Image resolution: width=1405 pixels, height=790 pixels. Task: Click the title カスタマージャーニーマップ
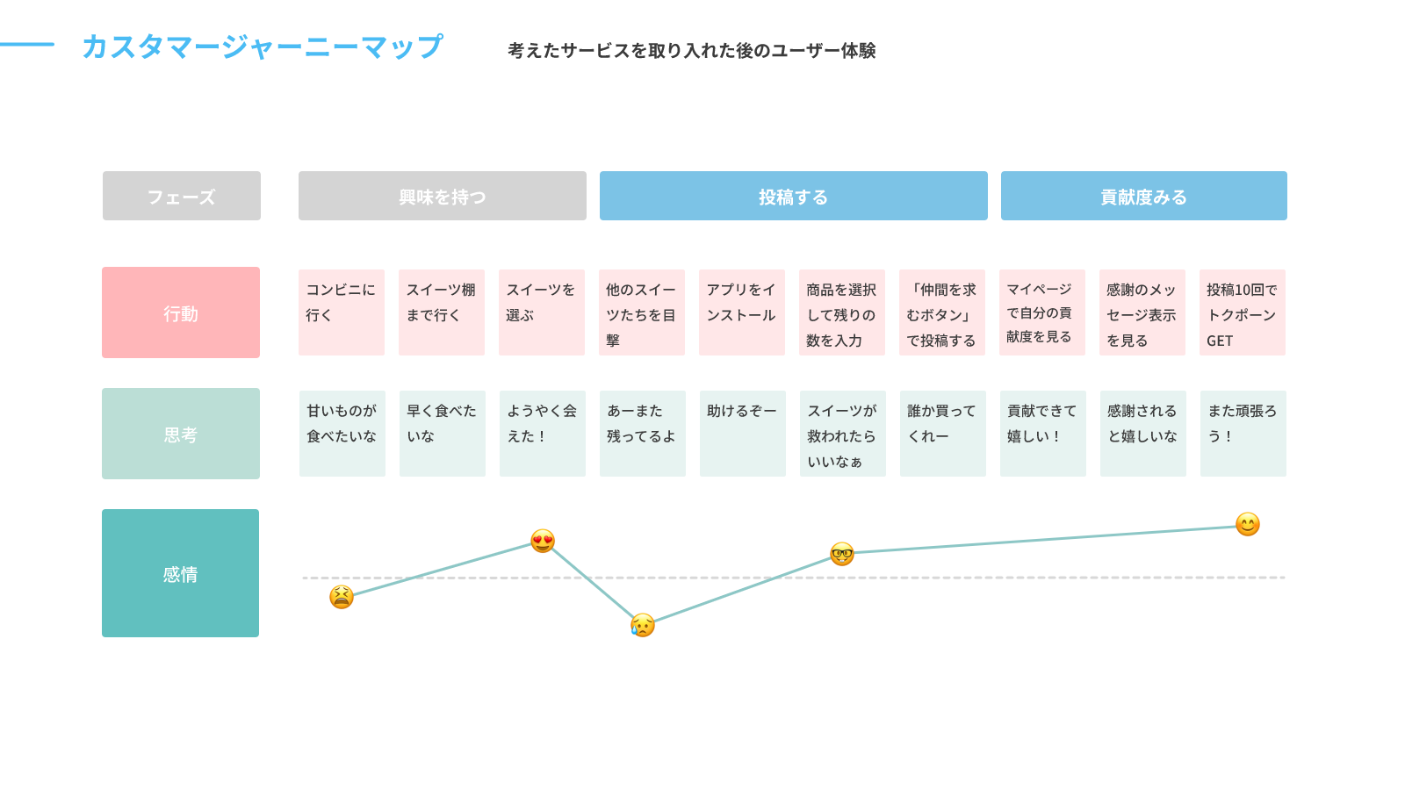coord(263,47)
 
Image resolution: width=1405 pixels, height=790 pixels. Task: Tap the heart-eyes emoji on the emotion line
coord(543,541)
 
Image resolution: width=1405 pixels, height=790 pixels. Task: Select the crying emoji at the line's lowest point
coord(642,624)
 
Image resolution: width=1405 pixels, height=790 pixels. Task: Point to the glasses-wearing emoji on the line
coord(842,554)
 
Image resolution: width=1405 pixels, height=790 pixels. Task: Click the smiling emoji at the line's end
coord(1248,524)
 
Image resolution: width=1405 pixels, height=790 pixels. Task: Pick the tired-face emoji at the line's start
coord(342,597)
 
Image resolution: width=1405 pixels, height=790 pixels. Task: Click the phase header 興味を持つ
coord(443,196)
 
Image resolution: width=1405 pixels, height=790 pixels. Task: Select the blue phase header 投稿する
coord(794,196)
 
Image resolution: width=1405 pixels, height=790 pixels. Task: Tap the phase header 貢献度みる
coord(1144,196)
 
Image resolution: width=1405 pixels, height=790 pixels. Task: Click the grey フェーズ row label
coord(181,196)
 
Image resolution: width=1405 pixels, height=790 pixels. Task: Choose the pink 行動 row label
coord(181,312)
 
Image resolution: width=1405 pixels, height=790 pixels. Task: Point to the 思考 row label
coord(181,434)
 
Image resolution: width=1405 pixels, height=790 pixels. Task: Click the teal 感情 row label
coord(181,573)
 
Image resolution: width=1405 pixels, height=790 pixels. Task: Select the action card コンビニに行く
coord(342,312)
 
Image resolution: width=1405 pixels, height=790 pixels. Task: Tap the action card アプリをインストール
coord(742,312)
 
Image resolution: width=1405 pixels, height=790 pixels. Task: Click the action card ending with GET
coord(1243,312)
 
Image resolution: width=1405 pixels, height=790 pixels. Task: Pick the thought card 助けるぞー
coord(743,434)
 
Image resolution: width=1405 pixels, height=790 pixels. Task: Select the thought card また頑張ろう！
coord(1243,434)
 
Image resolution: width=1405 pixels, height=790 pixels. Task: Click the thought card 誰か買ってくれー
coord(943,434)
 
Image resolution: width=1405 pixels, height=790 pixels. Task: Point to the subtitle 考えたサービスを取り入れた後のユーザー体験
coord(691,50)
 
